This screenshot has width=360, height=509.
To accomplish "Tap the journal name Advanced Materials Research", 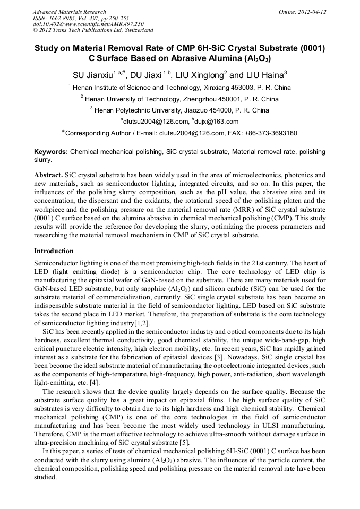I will [69, 12].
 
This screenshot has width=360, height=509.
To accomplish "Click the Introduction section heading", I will [54, 251].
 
